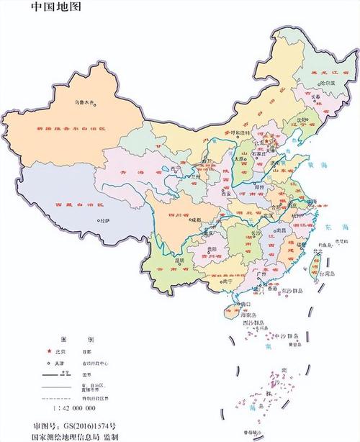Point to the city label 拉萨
click(106, 220)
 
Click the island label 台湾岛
click(325, 274)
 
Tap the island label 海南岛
click(248, 315)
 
